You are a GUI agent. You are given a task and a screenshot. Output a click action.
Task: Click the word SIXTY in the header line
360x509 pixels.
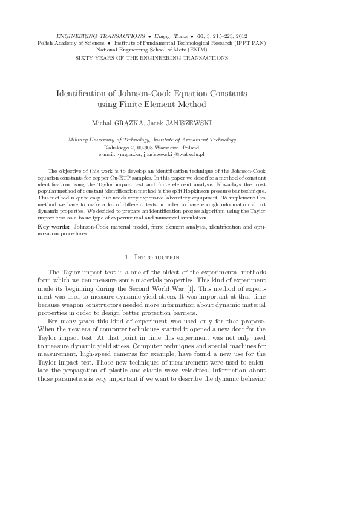pos(82,58)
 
